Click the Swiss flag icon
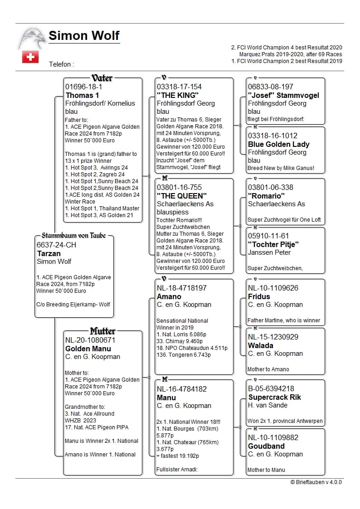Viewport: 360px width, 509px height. pos(30,57)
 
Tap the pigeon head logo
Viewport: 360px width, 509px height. pos(32,38)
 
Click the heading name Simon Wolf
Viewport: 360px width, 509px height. pos(84,36)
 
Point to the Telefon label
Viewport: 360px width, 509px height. pos(61,64)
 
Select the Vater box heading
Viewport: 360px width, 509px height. pos(102,78)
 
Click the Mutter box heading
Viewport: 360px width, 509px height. pos(102,331)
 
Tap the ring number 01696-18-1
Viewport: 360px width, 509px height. pos(84,87)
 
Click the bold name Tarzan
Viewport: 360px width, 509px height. pos(49,253)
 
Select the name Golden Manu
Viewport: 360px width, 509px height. pos(88,349)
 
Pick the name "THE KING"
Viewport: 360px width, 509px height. pos(178,95)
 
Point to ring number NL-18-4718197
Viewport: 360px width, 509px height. pos(182,288)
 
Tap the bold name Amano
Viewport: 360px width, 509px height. pos(169,296)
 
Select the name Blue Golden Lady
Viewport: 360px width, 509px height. pos(278,144)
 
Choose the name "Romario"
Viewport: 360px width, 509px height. pos(266,196)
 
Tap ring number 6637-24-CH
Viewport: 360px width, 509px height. pos(57,245)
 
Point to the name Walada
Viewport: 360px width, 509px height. pos(261,345)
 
